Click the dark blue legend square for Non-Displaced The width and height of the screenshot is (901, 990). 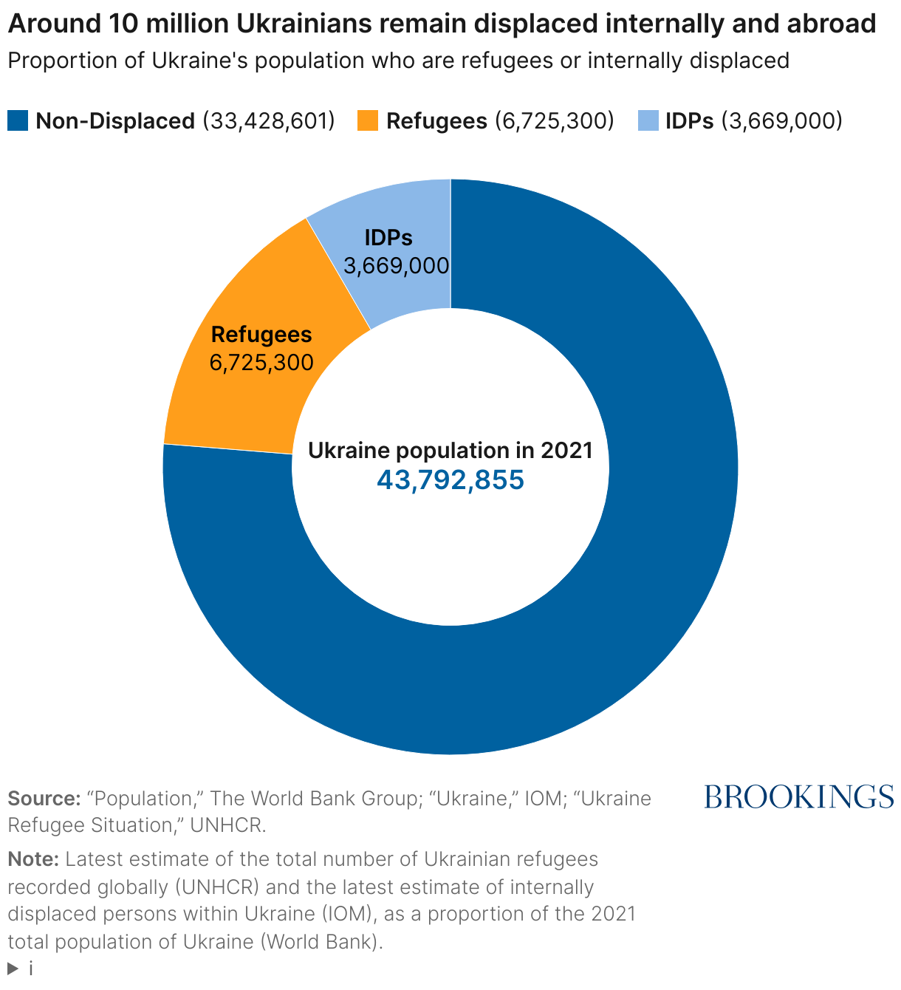tap(18, 121)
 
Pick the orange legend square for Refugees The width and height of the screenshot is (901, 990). tap(368, 121)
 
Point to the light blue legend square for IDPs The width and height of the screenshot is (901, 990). tap(648, 121)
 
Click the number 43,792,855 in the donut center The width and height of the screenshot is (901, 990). tap(450, 479)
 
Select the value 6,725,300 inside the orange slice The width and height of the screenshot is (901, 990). tap(261, 363)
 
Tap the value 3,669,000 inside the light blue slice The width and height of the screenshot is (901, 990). tap(397, 266)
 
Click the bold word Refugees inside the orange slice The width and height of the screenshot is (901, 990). tap(261, 335)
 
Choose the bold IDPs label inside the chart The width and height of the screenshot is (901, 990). tap(388, 238)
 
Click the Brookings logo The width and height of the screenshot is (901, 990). tap(799, 797)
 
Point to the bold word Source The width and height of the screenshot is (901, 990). tap(44, 799)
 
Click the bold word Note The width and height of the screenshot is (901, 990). tap(33, 859)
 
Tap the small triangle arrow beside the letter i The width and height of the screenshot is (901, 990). tap(13, 969)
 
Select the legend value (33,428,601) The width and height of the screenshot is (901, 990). tap(269, 121)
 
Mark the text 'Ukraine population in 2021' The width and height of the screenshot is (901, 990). tap(450, 451)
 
